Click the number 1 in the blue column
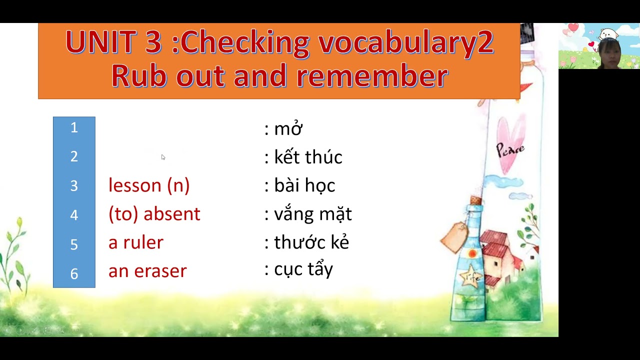click(74, 128)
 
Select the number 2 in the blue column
click(74, 157)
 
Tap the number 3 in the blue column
click(74, 186)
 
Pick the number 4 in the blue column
click(74, 215)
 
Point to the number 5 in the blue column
click(74, 244)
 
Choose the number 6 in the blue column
click(74, 273)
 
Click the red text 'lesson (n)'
click(149, 185)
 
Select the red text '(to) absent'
click(154, 214)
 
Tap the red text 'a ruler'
click(135, 242)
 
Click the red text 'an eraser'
click(147, 271)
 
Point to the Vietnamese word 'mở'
click(288, 129)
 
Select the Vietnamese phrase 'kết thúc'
click(308, 157)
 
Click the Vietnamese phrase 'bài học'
click(304, 186)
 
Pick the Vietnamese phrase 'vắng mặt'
click(313, 214)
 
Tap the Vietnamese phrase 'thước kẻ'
click(311, 242)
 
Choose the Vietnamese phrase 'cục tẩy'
click(303, 269)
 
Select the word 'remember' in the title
click(372, 76)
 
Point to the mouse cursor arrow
click(163, 157)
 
